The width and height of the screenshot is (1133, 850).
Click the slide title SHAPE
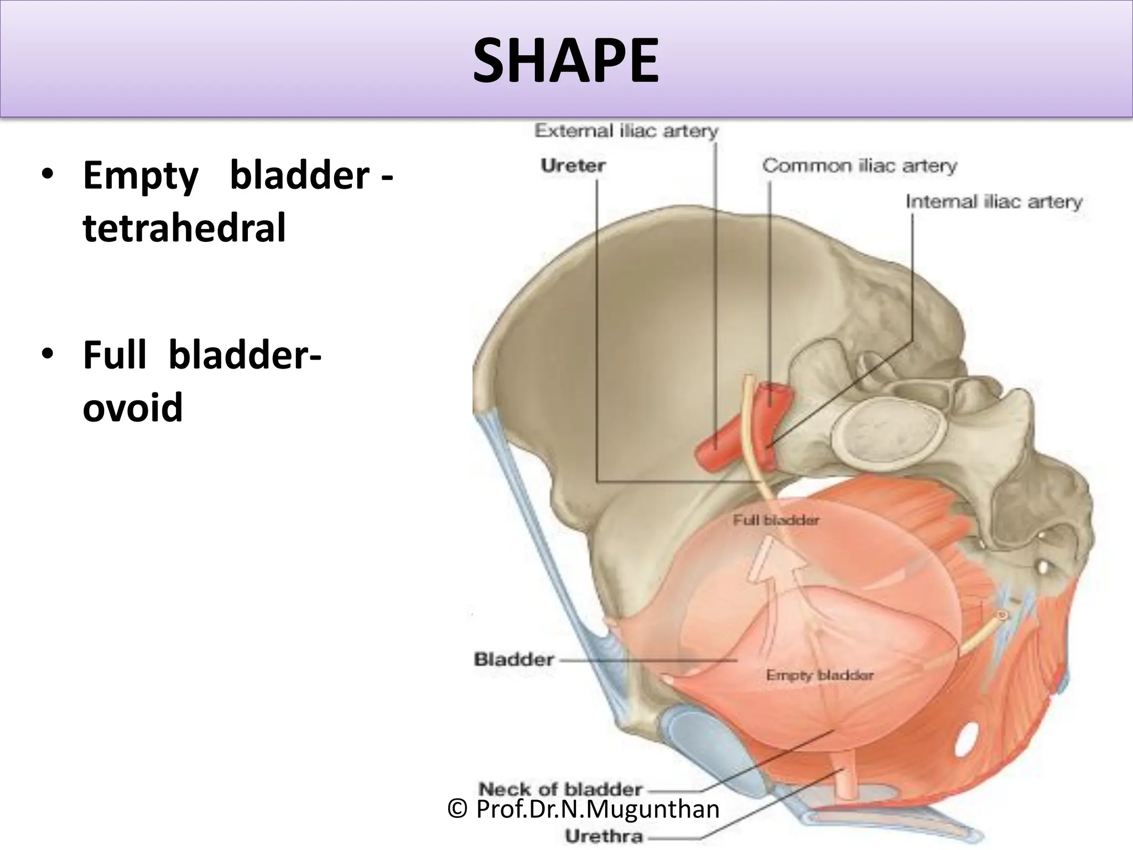tap(565, 61)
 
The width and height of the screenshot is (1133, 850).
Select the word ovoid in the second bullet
tap(133, 407)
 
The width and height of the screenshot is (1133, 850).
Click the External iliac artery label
tap(626, 131)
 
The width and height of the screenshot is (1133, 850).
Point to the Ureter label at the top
tap(573, 165)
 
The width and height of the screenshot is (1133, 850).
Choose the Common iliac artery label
tap(859, 165)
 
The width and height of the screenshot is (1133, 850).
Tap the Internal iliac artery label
tap(994, 201)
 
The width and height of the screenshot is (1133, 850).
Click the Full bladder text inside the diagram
tap(776, 520)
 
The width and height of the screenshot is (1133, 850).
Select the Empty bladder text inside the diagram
tap(819, 675)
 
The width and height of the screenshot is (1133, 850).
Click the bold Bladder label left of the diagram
tap(514, 659)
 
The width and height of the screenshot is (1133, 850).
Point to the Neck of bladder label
tap(560, 789)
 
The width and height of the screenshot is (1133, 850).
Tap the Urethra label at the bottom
tap(604, 836)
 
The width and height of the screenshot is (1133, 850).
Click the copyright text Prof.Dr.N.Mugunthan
tap(584, 810)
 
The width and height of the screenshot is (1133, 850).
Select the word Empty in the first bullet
tap(141, 175)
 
